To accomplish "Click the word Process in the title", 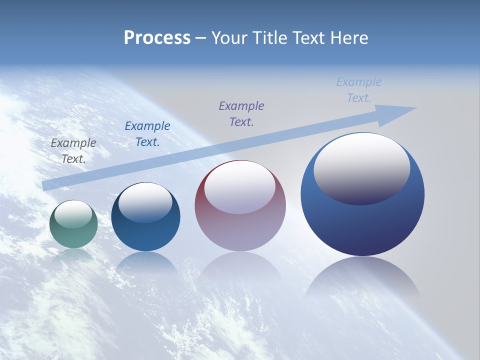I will pyautogui.click(x=157, y=37).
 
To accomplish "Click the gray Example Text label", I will pyautogui.click(x=73, y=150).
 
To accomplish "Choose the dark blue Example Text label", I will pyautogui.click(x=147, y=134).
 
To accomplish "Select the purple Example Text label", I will pyautogui.click(x=241, y=113).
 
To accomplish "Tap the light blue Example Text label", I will pyautogui.click(x=359, y=90).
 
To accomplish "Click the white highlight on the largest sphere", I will pyautogui.click(x=361, y=167).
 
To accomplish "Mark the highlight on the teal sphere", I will pyautogui.click(x=73, y=214).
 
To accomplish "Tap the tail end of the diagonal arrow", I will pyautogui.click(x=47, y=185).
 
